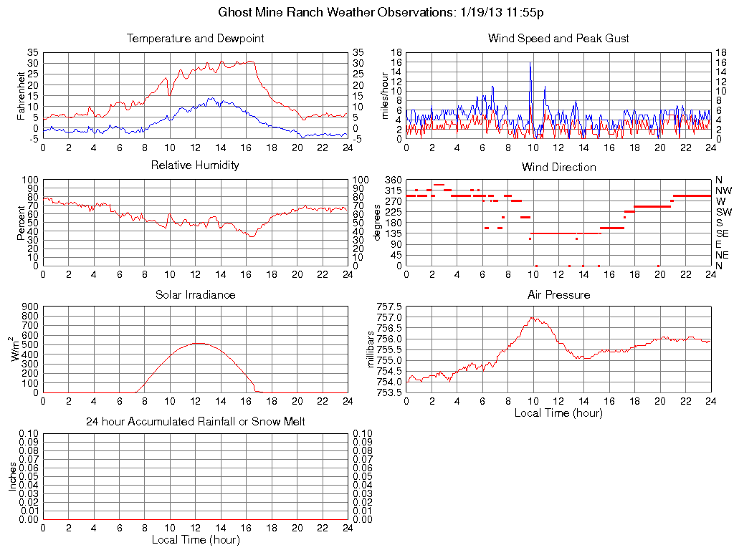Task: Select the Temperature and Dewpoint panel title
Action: click(195, 39)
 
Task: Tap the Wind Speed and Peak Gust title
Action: click(558, 39)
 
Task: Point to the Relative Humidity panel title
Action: click(195, 165)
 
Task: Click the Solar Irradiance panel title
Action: click(195, 294)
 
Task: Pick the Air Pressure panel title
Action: click(558, 294)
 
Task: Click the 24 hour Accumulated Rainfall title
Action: click(195, 422)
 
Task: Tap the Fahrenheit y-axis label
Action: click(21, 96)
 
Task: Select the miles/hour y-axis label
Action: click(384, 96)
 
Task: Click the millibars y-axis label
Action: click(371, 348)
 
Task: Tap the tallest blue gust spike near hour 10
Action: click(530, 63)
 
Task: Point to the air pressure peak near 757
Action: click(532, 317)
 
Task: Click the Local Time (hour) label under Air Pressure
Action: click(558, 412)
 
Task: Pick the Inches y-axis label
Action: click(13, 476)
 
